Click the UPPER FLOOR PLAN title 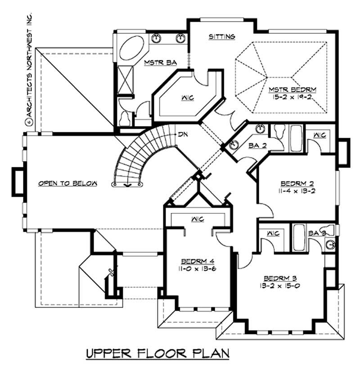158,352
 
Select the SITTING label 222,36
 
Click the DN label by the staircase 183,134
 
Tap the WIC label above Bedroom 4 198,219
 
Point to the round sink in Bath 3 331,245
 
